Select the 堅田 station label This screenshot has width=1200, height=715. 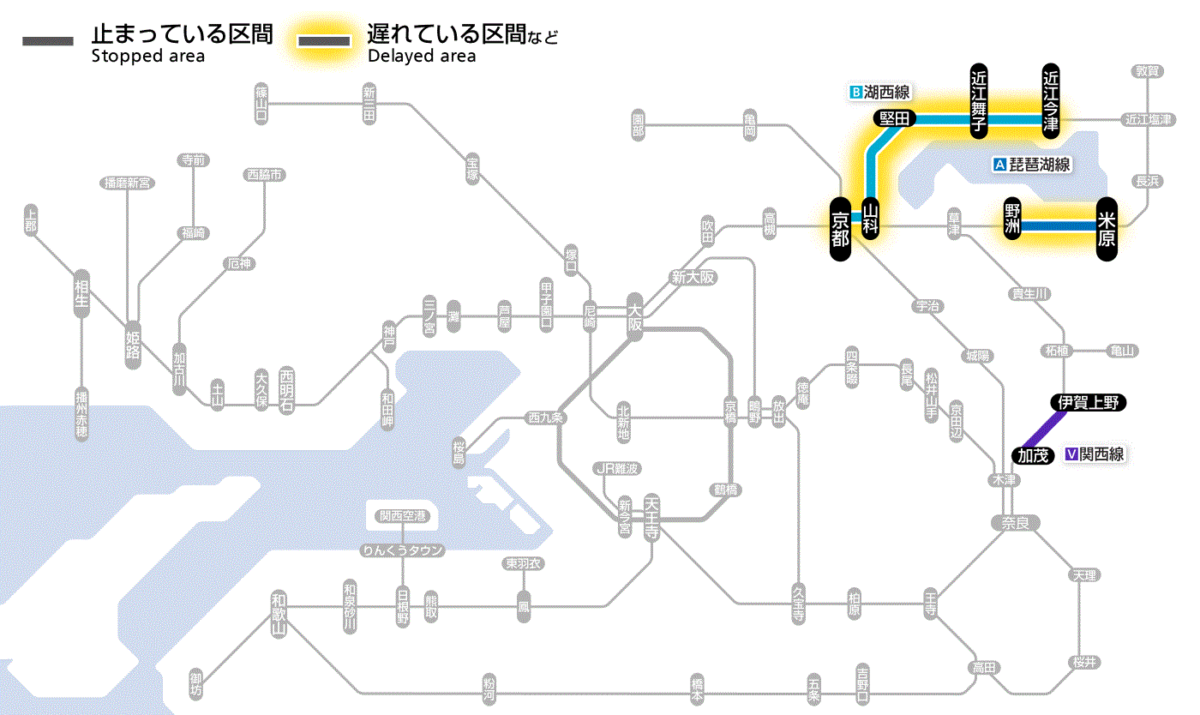point(894,118)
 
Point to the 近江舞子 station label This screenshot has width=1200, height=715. point(979,100)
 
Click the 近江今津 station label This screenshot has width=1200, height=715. point(1051,100)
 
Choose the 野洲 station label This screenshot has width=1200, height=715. point(1012,219)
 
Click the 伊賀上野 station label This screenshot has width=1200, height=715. point(1088,402)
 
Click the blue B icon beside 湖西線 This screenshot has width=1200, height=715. point(855,92)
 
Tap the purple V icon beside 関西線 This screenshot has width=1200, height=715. point(1071,454)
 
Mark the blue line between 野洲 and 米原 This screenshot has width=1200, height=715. point(1059,226)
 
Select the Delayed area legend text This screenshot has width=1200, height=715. point(422,57)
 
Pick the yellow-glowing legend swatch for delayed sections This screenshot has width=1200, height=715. point(323,41)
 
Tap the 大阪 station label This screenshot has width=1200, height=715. point(634,315)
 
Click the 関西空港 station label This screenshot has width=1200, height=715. point(402,515)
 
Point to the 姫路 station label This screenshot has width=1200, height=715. point(133,345)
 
